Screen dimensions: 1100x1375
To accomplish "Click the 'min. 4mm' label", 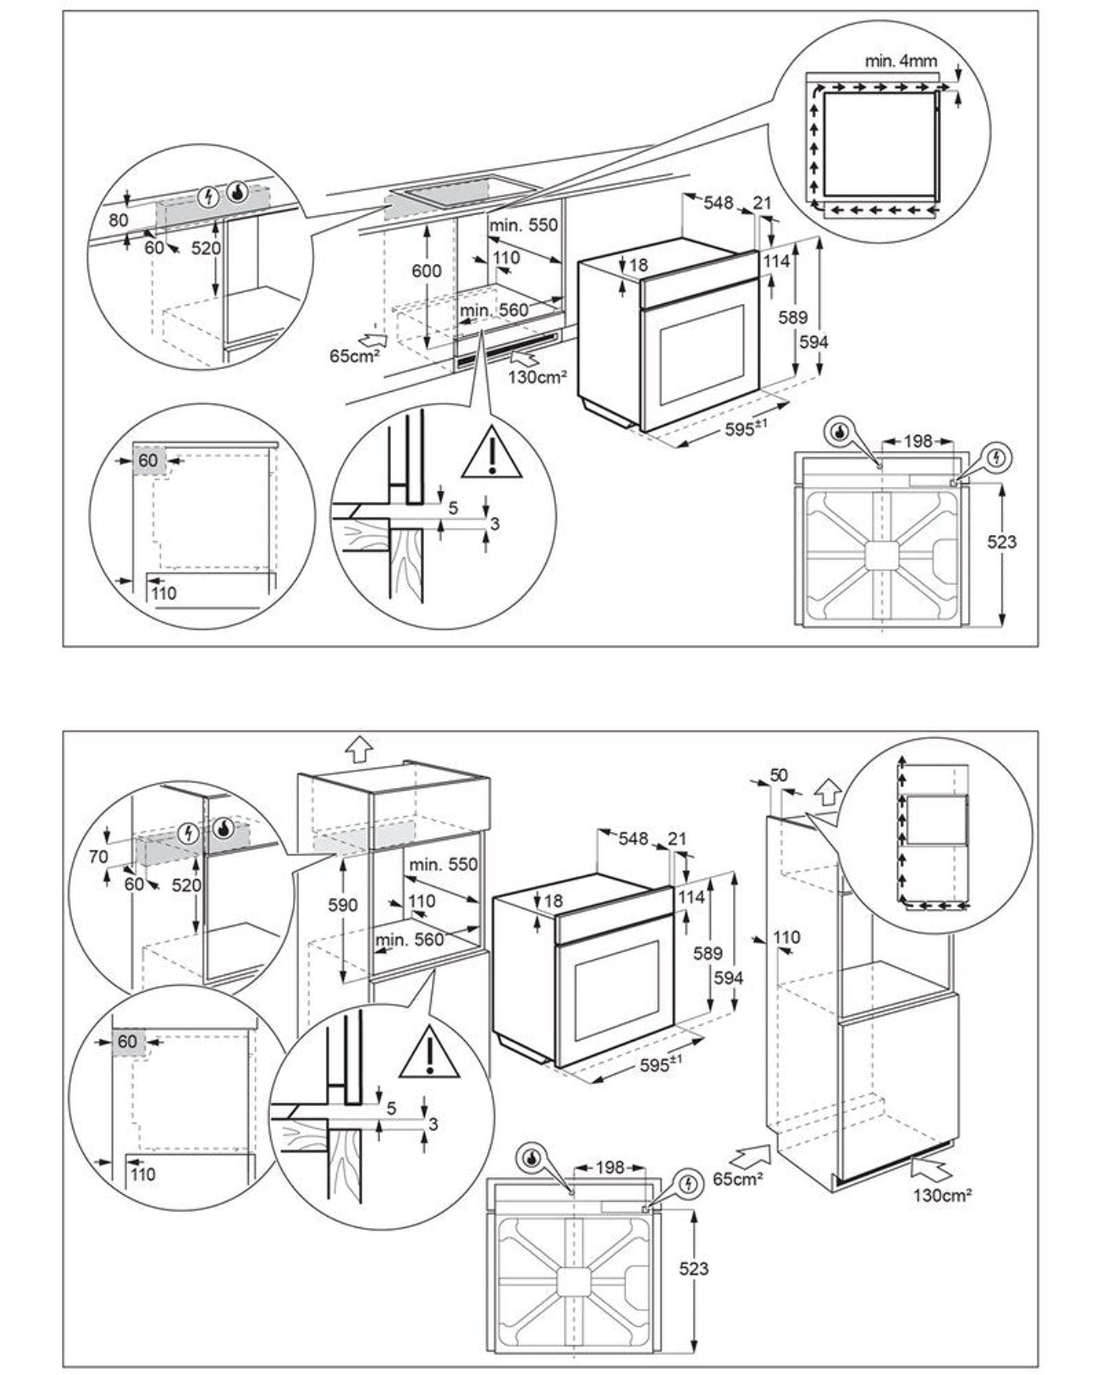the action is (901, 60).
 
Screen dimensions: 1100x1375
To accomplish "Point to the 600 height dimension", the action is (426, 271).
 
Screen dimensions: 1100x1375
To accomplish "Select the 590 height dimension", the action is (342, 905).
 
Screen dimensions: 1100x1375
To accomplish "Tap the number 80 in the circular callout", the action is (119, 220).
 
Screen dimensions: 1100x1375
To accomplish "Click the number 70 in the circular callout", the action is (98, 856).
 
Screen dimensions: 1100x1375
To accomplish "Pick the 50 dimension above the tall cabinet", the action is (778, 775).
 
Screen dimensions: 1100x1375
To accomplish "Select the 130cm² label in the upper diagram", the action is (538, 377).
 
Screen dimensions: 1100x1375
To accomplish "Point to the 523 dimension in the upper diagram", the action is (1002, 542).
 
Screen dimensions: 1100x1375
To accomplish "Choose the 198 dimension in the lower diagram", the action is (610, 1167).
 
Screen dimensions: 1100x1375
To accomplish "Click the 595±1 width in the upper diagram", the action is (745, 428).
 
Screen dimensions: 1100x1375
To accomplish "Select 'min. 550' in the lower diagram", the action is (443, 864).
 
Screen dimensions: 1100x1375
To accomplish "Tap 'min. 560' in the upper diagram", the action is (494, 311).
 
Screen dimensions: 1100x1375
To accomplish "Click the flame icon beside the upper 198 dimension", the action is (839, 432).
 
